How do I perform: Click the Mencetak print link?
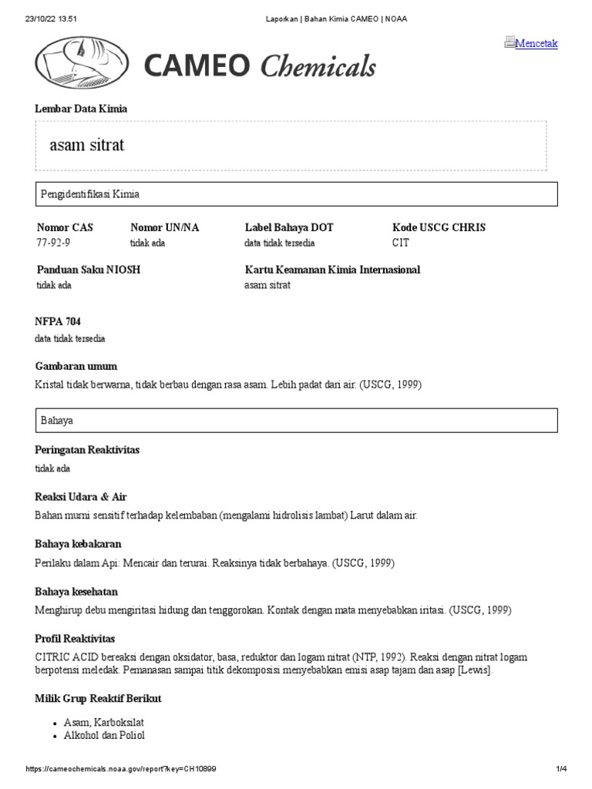(536, 43)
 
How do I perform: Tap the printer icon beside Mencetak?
(510, 42)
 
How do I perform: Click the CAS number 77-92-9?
(52, 243)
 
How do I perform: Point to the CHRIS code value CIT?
(401, 243)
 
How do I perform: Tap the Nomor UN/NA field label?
(164, 227)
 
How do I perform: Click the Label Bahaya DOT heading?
(289, 227)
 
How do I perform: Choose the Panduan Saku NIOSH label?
(89, 270)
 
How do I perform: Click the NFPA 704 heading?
(58, 321)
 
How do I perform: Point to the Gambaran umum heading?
(76, 366)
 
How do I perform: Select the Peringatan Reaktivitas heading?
(87, 449)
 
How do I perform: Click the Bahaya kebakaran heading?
(78, 545)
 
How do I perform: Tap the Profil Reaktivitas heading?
(76, 639)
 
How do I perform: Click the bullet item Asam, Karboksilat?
(104, 722)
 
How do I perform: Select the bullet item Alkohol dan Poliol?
(104, 735)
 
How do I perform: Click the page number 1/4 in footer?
(561, 769)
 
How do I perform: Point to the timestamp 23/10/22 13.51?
(49, 18)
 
